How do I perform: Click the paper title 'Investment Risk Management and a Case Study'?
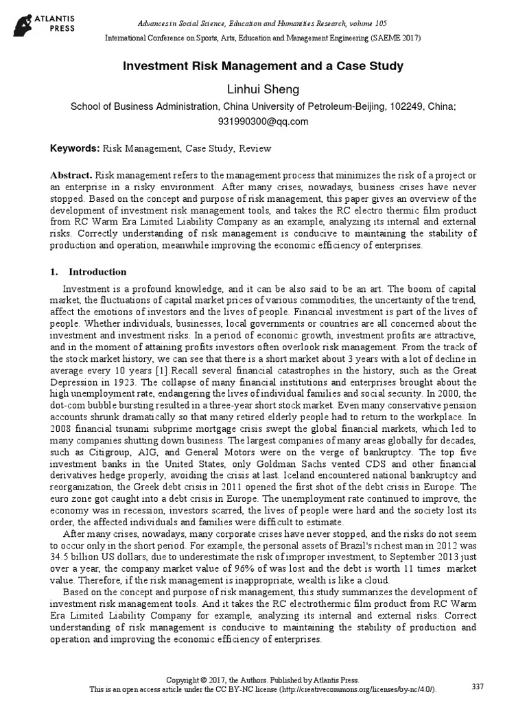[263, 67]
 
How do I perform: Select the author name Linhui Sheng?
[263, 90]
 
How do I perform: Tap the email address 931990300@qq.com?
[263, 122]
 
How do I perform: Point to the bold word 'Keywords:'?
[75, 148]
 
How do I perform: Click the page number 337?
[479, 686]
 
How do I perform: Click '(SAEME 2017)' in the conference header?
[395, 38]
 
